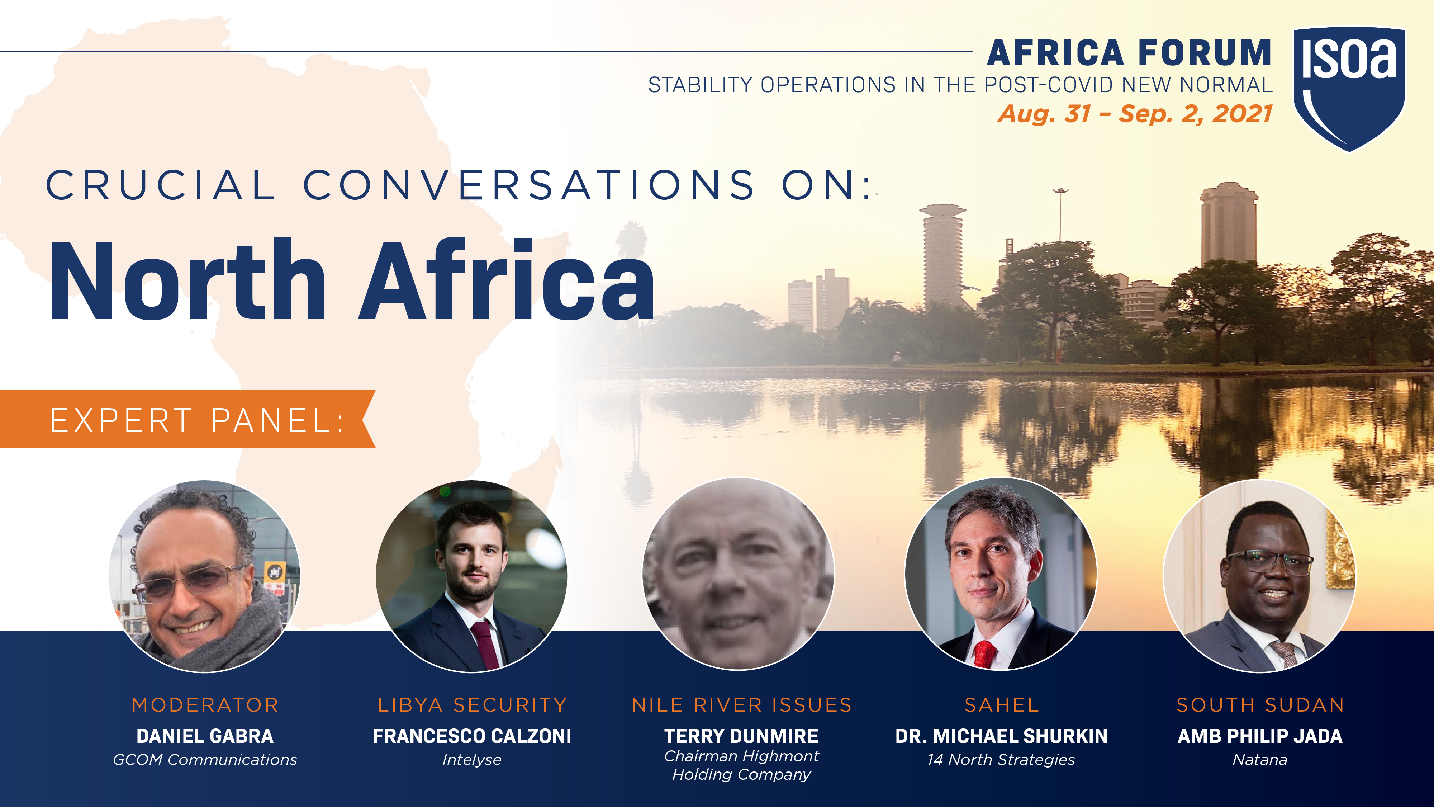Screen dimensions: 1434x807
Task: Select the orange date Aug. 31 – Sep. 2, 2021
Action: tap(1135, 114)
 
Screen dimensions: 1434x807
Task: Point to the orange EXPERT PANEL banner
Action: tap(187, 419)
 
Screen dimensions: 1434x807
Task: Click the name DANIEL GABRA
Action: tap(205, 736)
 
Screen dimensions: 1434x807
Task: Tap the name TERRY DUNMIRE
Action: tap(741, 736)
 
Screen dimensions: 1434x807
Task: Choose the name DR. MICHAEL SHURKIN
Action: tap(1001, 736)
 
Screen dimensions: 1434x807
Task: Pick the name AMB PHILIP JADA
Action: tap(1260, 736)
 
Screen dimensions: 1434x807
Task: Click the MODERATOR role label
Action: tap(205, 705)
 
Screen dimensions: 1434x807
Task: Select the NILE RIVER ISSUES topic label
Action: tap(741, 705)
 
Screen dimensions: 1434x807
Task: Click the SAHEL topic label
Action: tap(1001, 705)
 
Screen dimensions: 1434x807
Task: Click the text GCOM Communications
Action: tap(205, 760)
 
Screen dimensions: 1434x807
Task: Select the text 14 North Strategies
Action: tap(1001, 760)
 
